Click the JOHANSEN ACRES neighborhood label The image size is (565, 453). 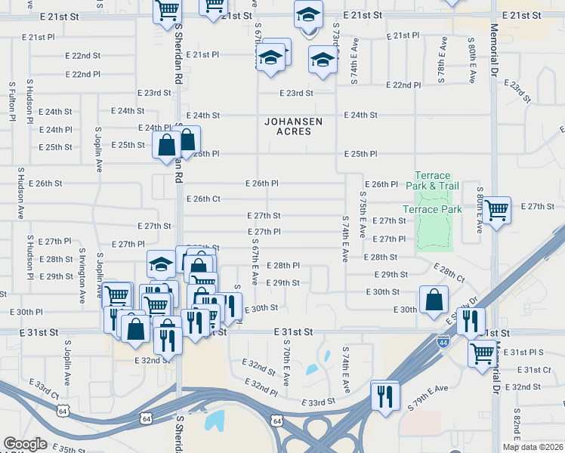click(x=293, y=126)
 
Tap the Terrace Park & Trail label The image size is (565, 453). click(x=432, y=180)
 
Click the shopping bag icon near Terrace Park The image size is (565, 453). click(x=434, y=300)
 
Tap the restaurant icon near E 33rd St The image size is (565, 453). click(x=385, y=395)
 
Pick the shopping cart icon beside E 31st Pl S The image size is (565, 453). click(x=482, y=352)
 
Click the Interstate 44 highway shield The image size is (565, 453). click(x=442, y=343)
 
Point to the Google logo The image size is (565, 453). click(x=25, y=443)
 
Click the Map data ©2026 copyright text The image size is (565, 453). click(x=533, y=447)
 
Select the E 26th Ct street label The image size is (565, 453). click(x=202, y=199)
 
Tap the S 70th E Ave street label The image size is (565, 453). click(x=286, y=362)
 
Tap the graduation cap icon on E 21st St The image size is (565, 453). click(x=307, y=17)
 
